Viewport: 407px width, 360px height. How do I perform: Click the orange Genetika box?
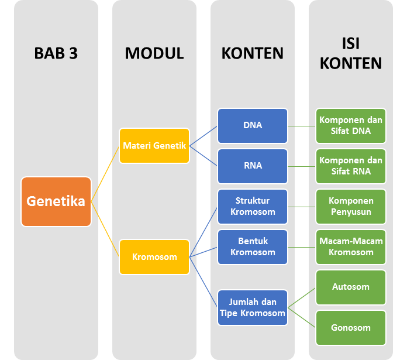(x=56, y=201)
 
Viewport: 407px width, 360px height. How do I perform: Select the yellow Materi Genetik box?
(x=154, y=146)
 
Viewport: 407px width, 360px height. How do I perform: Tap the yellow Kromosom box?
(x=154, y=256)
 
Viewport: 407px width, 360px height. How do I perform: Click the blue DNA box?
(x=253, y=125)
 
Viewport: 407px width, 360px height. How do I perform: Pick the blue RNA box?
(x=253, y=166)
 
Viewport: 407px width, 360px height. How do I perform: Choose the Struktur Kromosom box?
(x=253, y=206)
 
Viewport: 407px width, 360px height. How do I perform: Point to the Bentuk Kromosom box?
(x=253, y=247)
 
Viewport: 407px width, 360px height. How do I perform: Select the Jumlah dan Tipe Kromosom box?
(x=253, y=307)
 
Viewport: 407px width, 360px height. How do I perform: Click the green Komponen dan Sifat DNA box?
(x=351, y=125)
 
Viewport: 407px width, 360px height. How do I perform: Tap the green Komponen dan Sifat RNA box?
(x=351, y=166)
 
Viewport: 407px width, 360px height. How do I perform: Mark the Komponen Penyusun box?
(x=351, y=206)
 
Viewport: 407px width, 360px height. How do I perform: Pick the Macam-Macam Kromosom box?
(x=351, y=247)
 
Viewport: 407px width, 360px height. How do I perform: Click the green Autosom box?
(x=351, y=287)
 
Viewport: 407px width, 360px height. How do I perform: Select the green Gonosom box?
(x=351, y=328)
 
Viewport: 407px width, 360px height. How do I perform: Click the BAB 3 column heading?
(x=56, y=53)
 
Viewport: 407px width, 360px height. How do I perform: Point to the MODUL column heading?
(x=154, y=53)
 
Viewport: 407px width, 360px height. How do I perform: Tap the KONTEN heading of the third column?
(x=253, y=53)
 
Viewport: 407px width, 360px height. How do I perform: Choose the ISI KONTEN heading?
(x=351, y=53)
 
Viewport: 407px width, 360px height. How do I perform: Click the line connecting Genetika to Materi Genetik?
(x=105, y=174)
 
